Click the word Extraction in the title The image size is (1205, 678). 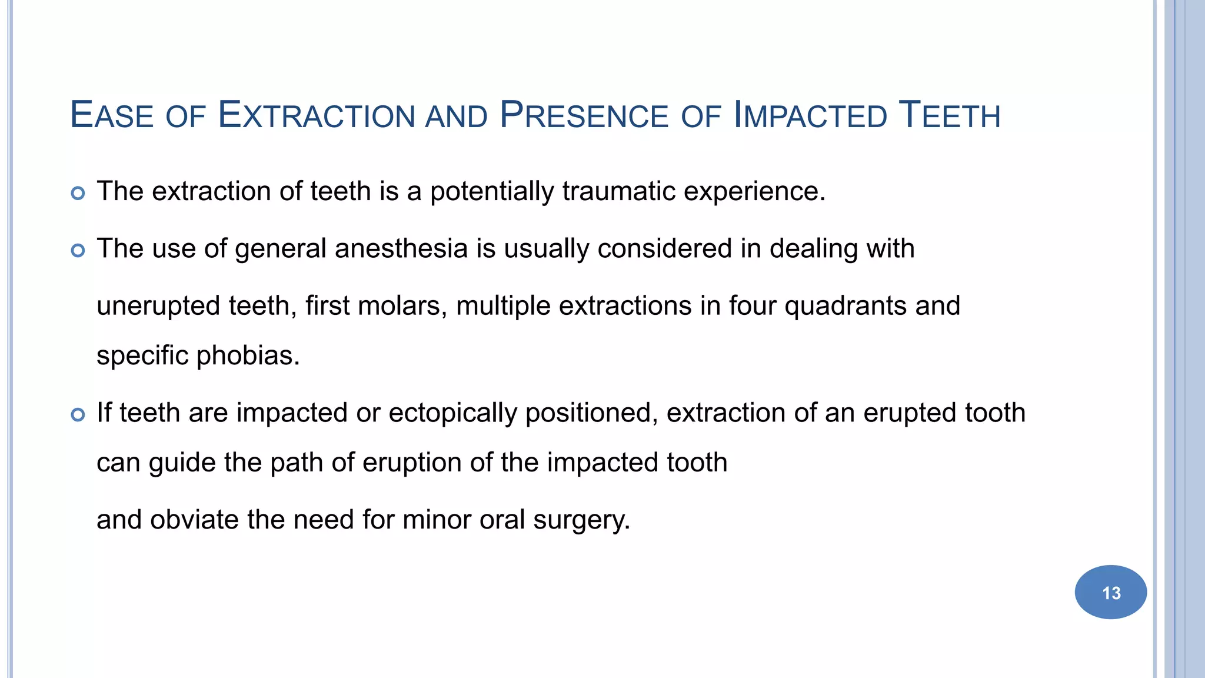[x=317, y=115]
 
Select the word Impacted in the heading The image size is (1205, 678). [x=810, y=115]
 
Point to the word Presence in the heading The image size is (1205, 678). [x=584, y=115]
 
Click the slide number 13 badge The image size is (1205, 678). [x=1110, y=592]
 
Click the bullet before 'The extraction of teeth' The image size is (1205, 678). [x=78, y=193]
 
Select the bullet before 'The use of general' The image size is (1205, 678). [x=78, y=251]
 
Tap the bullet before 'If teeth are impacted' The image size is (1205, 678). [x=78, y=415]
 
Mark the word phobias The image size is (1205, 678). [x=248, y=355]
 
